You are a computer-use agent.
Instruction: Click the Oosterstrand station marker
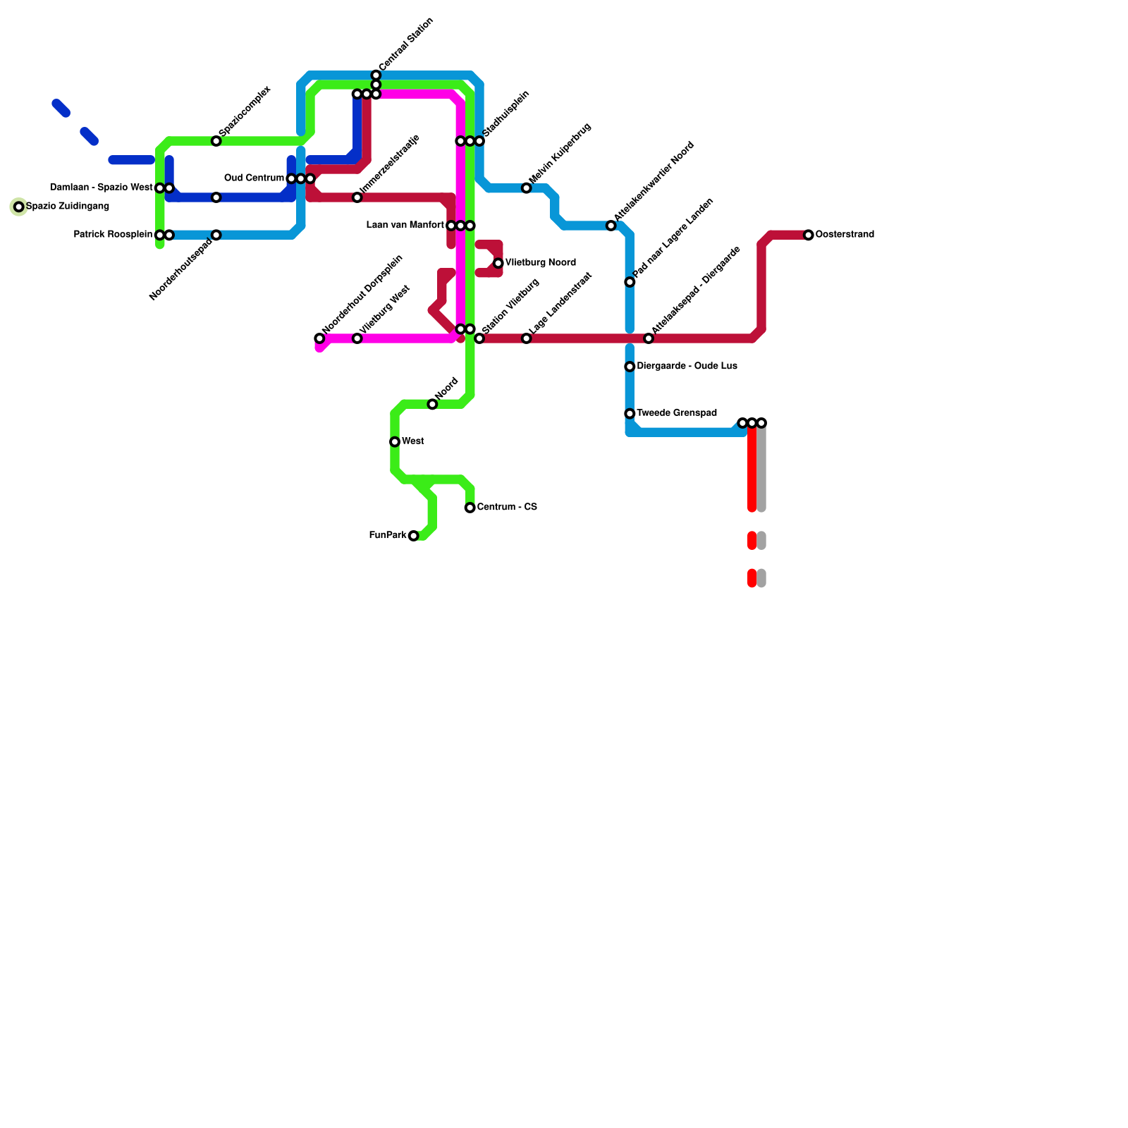[x=809, y=235]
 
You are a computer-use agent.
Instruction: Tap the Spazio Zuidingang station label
[x=68, y=207]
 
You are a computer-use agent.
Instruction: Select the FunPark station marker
[x=414, y=536]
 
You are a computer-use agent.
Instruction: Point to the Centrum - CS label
[x=507, y=508]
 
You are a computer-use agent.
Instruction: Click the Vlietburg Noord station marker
[x=498, y=263]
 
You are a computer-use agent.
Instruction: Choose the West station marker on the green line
[x=395, y=442]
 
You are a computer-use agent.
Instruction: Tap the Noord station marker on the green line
[x=432, y=404]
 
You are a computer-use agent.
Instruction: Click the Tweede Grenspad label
[x=677, y=413]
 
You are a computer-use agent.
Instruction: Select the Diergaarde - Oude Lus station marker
[x=630, y=367]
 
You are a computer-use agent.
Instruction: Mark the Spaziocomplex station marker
[x=216, y=141]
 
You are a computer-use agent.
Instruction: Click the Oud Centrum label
[x=254, y=178]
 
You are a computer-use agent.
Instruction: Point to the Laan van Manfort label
[x=405, y=226]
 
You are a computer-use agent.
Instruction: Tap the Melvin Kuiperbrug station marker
[x=527, y=188]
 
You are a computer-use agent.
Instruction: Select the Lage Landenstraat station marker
[x=527, y=338]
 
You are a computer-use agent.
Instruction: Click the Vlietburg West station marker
[x=357, y=338]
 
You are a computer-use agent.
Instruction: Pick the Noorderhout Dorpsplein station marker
[x=319, y=338]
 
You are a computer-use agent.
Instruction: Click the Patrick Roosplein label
[x=113, y=235]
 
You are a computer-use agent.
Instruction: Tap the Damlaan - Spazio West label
[x=102, y=188]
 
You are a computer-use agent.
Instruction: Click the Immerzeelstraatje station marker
[x=357, y=197]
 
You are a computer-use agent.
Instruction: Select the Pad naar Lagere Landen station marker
[x=630, y=282]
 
